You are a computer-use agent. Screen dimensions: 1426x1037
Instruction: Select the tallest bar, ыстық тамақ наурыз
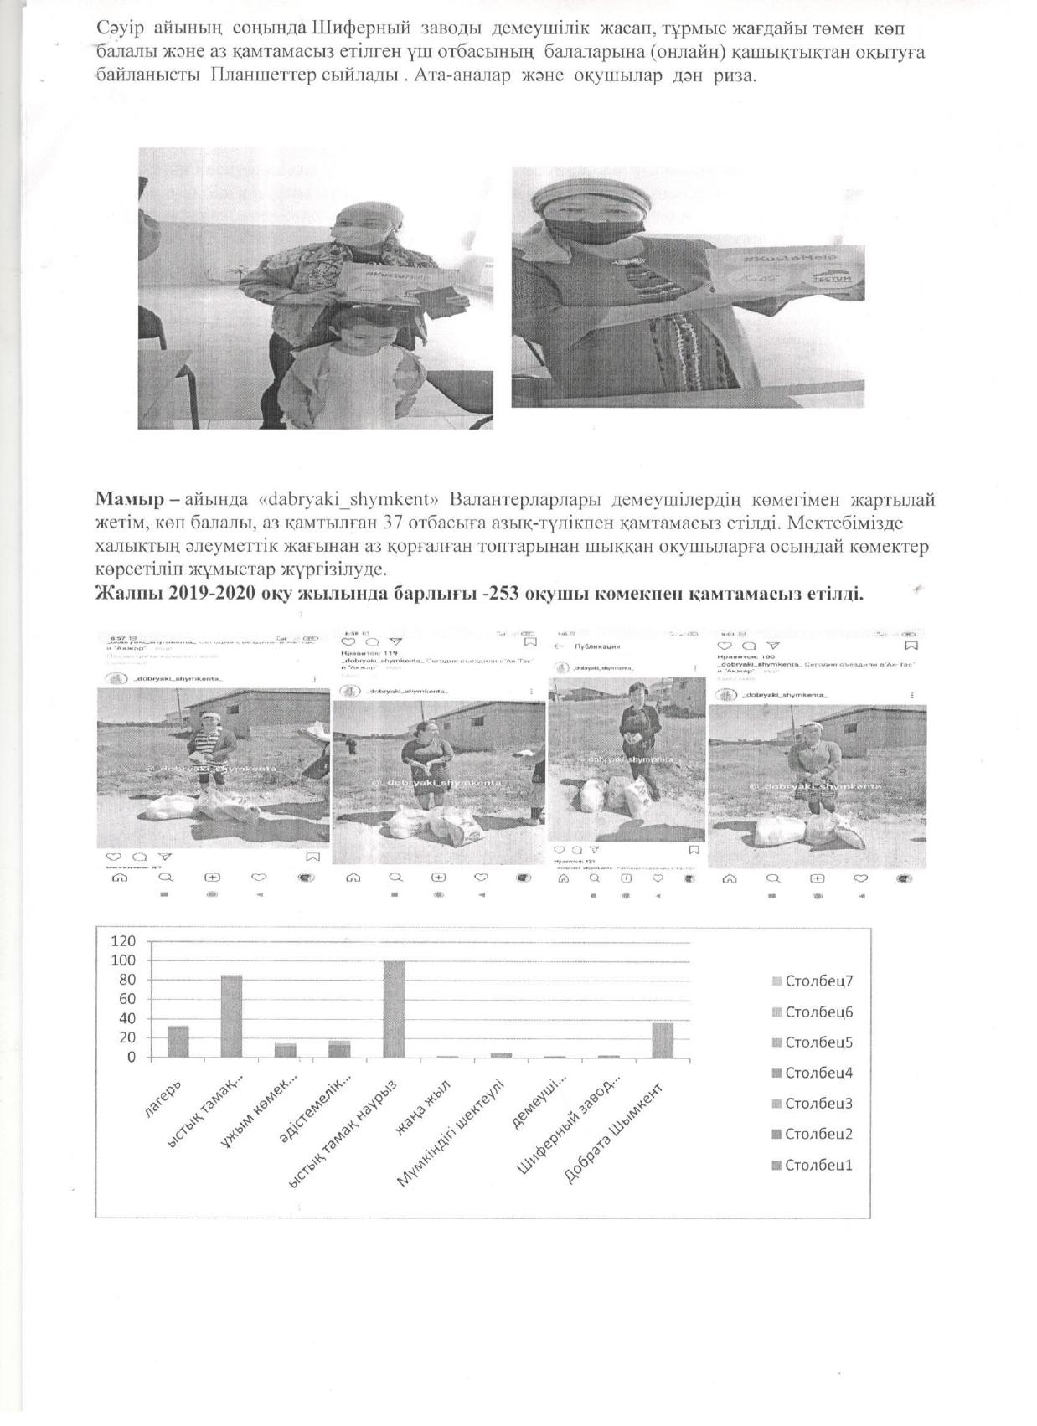point(394,1009)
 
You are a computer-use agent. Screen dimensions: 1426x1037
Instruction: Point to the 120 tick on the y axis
point(123,941)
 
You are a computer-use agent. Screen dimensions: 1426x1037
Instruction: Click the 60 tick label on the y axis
point(126,999)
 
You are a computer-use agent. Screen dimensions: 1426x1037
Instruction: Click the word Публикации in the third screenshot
point(596,646)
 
